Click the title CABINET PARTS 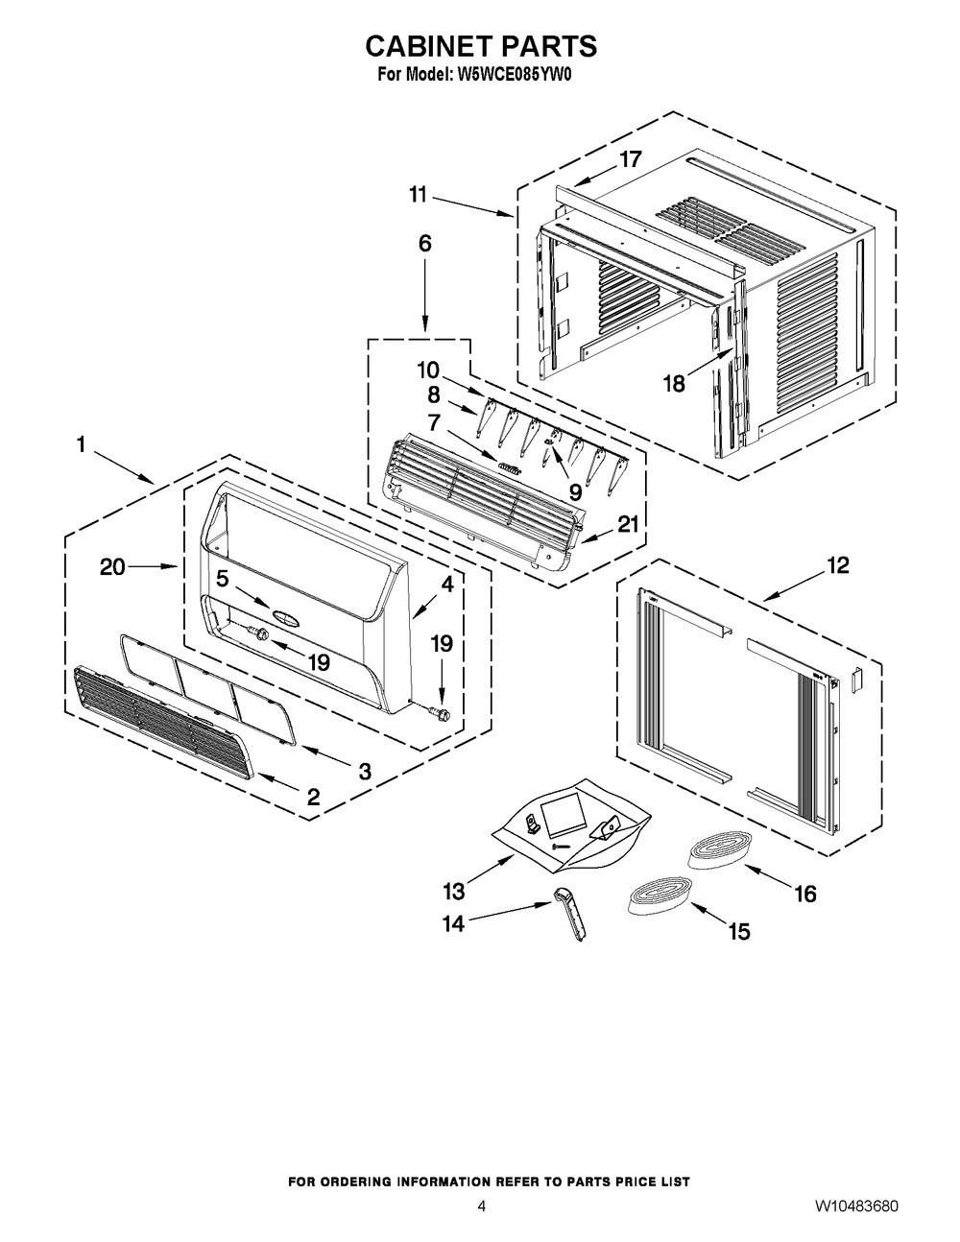pos(481,46)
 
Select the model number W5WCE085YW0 pos(512,75)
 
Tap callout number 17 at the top pos(631,159)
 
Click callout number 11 pos(418,195)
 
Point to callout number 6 pos(425,244)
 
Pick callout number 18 pos(674,384)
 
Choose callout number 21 pos(628,523)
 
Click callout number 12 pos(838,565)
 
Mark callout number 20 pos(112,567)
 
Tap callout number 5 pos(222,579)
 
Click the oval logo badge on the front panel pos(286,616)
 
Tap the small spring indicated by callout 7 pos(510,468)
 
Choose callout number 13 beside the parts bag pos(454,891)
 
